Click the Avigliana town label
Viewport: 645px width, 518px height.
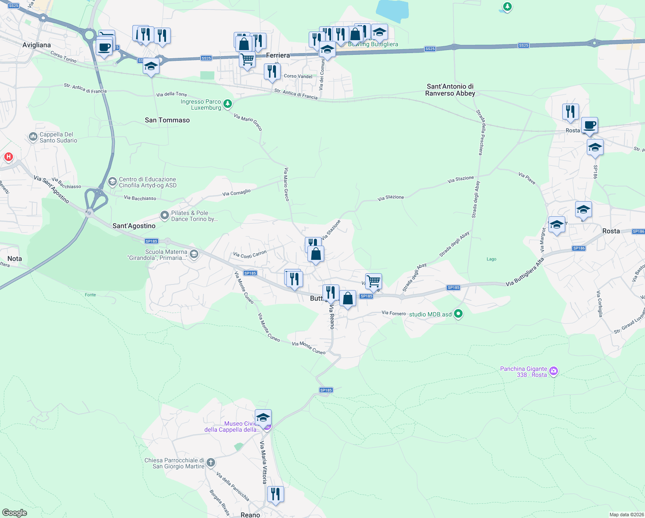click(37, 45)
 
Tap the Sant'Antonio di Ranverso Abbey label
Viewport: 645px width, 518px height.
click(450, 90)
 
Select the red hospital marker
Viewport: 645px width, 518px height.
click(8, 157)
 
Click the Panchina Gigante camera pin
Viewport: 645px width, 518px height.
click(554, 371)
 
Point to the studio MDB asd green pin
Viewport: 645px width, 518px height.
click(458, 314)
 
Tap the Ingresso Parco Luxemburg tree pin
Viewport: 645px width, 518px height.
click(228, 104)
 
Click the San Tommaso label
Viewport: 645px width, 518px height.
click(167, 120)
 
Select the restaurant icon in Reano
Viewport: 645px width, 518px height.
click(276, 494)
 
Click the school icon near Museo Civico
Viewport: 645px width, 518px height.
click(263, 417)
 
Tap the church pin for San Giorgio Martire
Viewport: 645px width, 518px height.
click(210, 463)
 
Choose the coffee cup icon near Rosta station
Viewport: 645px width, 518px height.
click(589, 126)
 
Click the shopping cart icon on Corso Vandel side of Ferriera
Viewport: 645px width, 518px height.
click(247, 59)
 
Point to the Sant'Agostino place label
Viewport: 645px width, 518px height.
click(134, 226)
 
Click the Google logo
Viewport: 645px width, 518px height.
click(15, 513)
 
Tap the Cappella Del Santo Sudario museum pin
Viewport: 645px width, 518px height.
click(33, 137)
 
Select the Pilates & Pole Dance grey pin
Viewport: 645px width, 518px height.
click(164, 215)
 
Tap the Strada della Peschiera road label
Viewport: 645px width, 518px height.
click(479, 132)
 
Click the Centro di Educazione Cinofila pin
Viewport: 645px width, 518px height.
click(112, 182)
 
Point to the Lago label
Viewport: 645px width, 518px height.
click(492, 259)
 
